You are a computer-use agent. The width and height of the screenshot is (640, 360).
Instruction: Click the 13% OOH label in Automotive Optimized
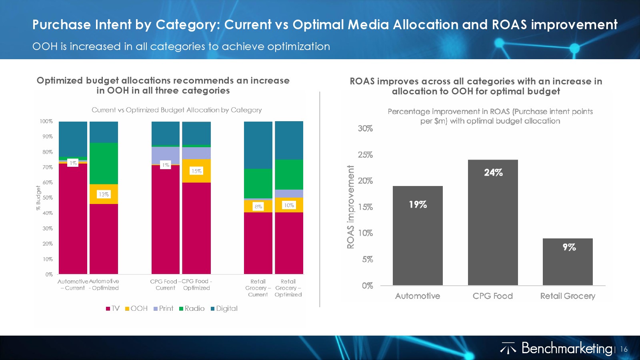point(104,194)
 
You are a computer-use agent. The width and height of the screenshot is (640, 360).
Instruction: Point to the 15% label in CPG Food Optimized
point(196,171)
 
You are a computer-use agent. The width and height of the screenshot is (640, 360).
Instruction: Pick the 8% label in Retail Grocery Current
point(258,206)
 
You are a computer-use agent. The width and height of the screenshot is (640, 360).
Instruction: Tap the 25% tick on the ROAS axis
point(365,155)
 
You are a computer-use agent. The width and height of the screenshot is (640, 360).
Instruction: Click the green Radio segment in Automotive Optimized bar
point(104,163)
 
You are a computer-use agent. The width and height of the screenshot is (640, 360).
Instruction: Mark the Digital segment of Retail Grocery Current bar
point(258,145)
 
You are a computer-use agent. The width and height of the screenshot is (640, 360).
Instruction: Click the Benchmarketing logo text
point(566,348)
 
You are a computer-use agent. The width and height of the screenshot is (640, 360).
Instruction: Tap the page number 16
point(624,349)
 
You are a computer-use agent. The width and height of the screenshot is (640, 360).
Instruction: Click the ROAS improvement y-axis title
point(351,207)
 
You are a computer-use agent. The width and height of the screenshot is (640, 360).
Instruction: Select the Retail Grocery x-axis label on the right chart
point(568,296)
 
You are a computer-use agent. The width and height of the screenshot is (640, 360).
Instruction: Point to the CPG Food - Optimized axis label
point(196,284)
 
